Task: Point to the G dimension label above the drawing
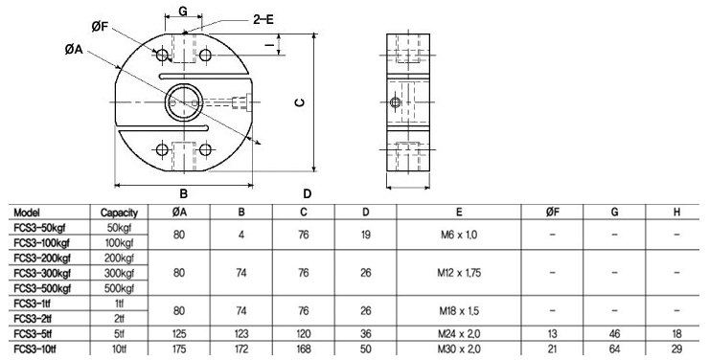[184, 11]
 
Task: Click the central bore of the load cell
[182, 100]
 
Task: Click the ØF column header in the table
[551, 212]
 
